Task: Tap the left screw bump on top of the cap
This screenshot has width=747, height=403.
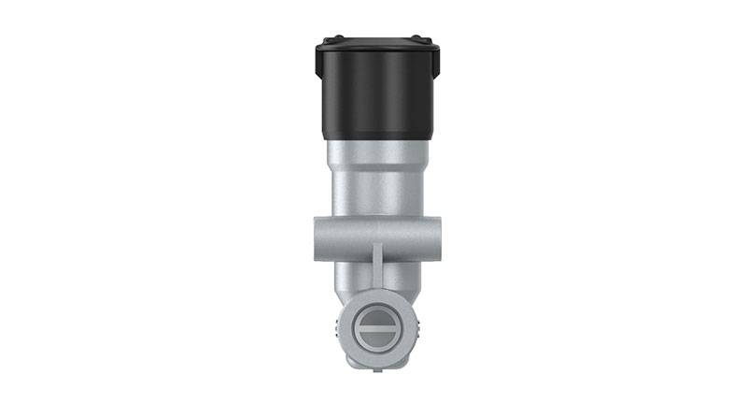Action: pos(335,39)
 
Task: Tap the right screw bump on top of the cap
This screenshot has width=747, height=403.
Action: pos(416,39)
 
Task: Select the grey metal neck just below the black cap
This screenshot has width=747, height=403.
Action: pos(373,154)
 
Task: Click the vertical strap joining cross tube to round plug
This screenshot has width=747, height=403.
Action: pos(377,266)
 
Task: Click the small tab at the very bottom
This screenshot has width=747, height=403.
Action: pos(375,369)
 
